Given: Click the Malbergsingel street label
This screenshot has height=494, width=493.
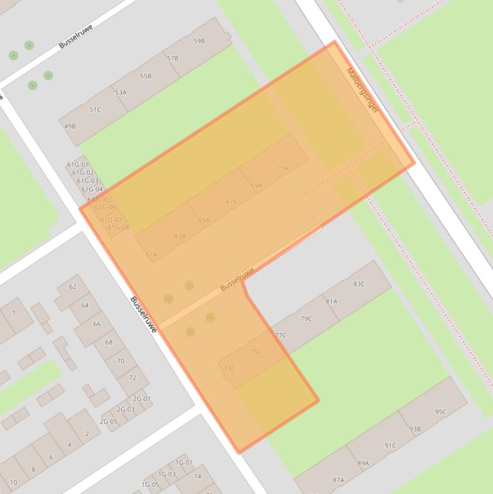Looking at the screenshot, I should click(x=362, y=91).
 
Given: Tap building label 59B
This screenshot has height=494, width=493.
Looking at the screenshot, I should click(x=199, y=41).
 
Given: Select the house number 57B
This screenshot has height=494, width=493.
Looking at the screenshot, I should click(x=172, y=58).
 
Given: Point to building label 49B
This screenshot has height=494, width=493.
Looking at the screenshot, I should click(x=70, y=126).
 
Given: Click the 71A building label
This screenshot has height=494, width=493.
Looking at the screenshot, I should click(x=283, y=169).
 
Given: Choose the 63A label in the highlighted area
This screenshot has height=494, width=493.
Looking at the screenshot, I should click(x=180, y=236).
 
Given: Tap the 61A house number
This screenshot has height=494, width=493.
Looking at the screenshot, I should click(x=151, y=255).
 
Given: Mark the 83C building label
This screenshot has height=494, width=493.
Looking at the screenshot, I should click(x=359, y=284).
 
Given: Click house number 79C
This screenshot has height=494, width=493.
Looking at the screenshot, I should click(x=306, y=318).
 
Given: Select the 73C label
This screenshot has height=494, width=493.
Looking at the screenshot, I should click(x=229, y=368).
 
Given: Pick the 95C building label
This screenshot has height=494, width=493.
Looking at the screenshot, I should click(x=440, y=412).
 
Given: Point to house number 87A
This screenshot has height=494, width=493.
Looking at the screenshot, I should click(x=338, y=480).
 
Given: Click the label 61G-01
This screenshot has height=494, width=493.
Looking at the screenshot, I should click(x=78, y=165).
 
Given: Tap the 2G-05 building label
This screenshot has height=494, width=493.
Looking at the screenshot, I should click(x=108, y=422).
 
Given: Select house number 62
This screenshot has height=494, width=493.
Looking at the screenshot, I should click(x=72, y=287).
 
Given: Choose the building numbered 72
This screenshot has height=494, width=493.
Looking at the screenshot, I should click(x=132, y=377).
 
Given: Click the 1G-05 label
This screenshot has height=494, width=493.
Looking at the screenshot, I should click(x=150, y=484).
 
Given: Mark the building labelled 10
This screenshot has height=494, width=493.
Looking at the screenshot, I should click(x=13, y=482).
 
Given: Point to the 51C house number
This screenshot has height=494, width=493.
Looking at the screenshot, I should click(x=95, y=110).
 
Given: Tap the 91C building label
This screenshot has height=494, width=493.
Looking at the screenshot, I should click(x=390, y=445).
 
